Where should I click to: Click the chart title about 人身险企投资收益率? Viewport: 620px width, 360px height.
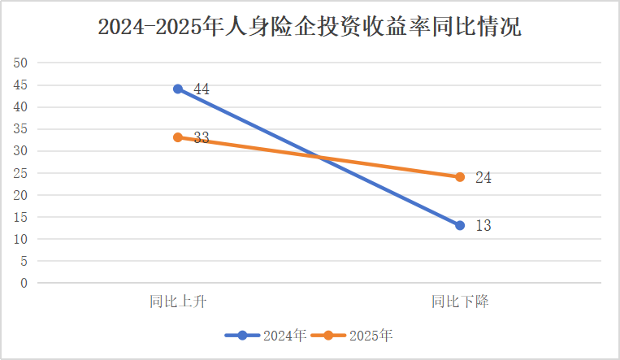tap(310, 27)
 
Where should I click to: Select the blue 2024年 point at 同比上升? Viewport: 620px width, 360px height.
tap(178, 89)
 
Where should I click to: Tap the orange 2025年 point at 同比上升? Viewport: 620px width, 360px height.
tap(178, 137)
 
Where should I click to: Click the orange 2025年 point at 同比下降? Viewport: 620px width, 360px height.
tap(460, 177)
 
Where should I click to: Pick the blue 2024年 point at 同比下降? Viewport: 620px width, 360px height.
tap(460, 225)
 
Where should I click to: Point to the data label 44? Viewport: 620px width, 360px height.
tap(202, 89)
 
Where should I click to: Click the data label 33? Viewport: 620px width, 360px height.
tap(202, 138)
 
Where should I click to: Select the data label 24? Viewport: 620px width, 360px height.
tap(483, 178)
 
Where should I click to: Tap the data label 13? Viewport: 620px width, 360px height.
tap(483, 226)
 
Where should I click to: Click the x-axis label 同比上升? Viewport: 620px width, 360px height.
tap(178, 301)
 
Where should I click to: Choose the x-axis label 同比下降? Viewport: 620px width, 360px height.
tap(460, 301)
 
